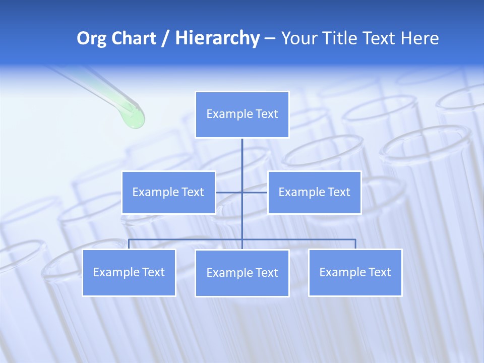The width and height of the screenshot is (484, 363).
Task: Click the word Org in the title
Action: tap(92, 38)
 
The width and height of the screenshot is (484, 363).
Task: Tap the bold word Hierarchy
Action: tap(217, 38)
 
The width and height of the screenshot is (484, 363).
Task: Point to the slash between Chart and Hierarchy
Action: tap(165, 38)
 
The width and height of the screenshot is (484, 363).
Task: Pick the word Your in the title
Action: tap(298, 38)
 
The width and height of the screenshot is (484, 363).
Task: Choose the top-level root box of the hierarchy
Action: tap(242, 114)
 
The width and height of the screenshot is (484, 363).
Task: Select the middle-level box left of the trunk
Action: tap(168, 193)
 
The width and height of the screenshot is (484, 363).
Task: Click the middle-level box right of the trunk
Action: tap(315, 193)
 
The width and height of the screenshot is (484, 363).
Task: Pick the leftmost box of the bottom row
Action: tap(129, 273)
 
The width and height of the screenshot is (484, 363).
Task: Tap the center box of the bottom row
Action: tap(242, 273)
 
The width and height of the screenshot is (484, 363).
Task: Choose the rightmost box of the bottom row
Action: tap(355, 273)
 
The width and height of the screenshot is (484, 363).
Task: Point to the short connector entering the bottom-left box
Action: tap(129, 244)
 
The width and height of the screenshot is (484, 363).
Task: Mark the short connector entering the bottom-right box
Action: tap(355, 244)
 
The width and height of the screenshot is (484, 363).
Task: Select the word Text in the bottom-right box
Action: tap(379, 273)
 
